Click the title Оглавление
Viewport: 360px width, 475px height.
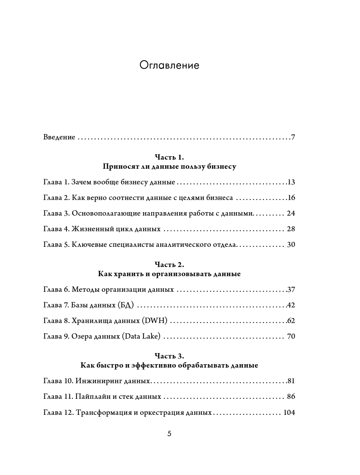tap(169, 66)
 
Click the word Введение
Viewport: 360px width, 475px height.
tap(59, 137)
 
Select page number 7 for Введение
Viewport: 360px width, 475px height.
tap(293, 137)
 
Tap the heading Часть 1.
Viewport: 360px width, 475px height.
tap(169, 157)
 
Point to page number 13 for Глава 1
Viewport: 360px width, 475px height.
tap(291, 182)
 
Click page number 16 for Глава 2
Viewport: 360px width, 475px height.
tap(291, 198)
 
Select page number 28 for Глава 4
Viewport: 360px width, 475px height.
tap(291, 229)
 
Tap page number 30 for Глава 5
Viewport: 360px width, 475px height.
tap(291, 245)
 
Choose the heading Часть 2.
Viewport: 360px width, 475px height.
tap(169, 264)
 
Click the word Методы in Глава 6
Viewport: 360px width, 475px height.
tap(84, 289)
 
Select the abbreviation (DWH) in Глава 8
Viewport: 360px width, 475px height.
tap(155, 321)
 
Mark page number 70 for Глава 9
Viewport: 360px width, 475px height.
tap(291, 336)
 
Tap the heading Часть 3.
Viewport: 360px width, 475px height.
tap(169, 356)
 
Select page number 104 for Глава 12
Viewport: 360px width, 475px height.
tap(289, 412)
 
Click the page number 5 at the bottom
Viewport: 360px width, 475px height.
tap(169, 433)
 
